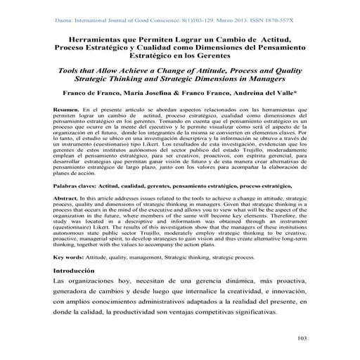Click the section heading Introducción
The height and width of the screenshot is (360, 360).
click(x=82, y=271)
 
